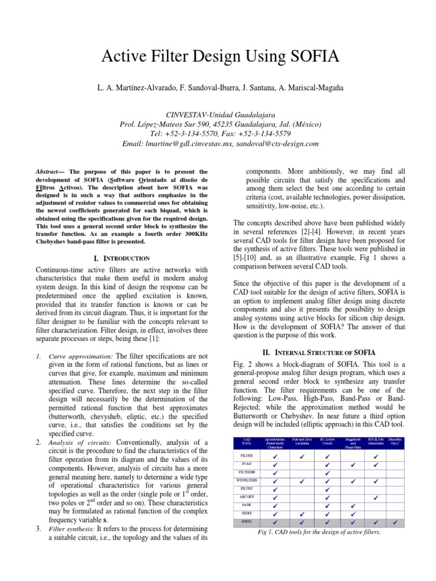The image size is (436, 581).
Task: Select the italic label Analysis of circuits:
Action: (x=73, y=443)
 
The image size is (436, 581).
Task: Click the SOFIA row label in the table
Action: (x=247, y=520)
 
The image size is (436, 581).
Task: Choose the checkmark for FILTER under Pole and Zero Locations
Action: (x=302, y=456)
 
